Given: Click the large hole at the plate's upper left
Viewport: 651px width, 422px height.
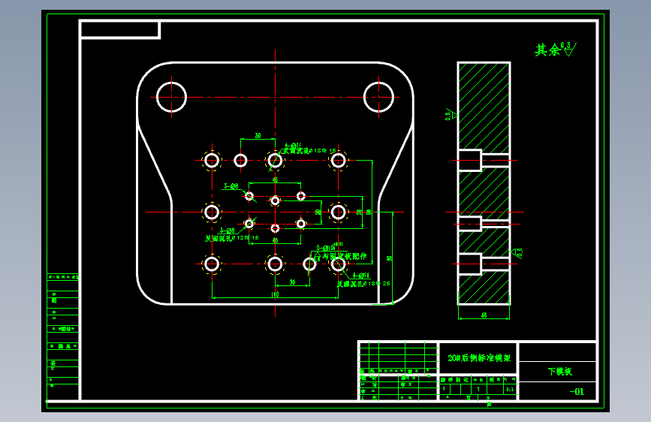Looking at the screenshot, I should [x=171, y=97].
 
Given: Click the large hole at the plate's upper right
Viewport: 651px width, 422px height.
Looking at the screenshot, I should [x=378, y=97].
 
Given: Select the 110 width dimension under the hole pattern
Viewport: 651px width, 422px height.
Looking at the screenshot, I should [x=275, y=295].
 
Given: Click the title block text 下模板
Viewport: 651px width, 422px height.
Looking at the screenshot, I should [x=559, y=371].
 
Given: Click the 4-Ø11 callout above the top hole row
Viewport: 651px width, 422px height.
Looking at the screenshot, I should [x=293, y=146].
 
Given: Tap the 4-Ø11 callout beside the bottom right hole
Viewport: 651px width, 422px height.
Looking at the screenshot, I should [x=354, y=276].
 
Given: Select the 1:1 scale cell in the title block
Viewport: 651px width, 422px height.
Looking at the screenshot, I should [x=511, y=390].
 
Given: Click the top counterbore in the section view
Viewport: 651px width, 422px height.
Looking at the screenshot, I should [x=470, y=160].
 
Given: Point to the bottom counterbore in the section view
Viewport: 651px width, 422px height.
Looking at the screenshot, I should [x=470, y=264].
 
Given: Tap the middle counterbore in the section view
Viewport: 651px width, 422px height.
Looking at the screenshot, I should [x=470, y=223].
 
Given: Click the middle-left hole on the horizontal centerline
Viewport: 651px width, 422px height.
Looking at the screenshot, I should [x=212, y=213].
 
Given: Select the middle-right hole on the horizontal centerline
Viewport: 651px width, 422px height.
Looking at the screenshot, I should [x=339, y=213].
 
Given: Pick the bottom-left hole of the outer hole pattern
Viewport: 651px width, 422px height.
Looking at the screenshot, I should [x=212, y=264].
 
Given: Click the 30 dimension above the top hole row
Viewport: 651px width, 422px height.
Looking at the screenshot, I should [x=258, y=136].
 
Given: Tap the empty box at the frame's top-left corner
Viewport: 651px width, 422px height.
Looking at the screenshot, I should [x=119, y=29].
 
